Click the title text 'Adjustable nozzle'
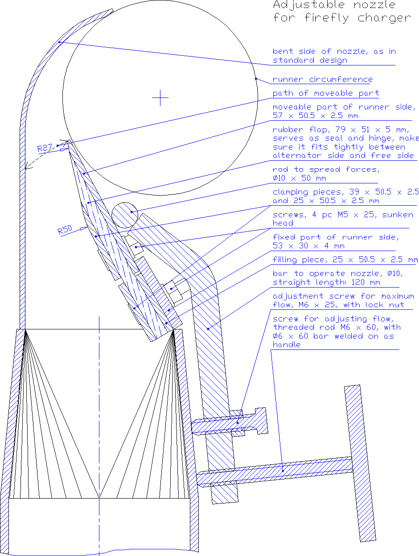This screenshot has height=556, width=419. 334,5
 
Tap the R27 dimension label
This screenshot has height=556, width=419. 45,148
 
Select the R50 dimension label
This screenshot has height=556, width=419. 65,230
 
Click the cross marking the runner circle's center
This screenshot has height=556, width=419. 160,97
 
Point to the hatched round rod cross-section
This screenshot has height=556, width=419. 125,215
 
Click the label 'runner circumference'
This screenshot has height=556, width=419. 323,80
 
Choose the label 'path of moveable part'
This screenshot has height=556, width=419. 326,93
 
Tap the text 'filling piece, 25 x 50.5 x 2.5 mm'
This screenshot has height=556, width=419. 345,260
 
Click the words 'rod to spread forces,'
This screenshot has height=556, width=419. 326,170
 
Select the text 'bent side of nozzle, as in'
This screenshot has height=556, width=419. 334,52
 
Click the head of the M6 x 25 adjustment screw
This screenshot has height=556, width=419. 261,421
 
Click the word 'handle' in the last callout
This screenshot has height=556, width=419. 287,345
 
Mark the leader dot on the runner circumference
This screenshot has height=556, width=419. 256,79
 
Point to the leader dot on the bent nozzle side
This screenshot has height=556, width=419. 59,42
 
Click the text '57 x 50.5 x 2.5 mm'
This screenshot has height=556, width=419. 315,116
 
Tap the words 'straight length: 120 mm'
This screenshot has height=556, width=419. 326,282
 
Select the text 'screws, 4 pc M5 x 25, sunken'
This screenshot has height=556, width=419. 343,215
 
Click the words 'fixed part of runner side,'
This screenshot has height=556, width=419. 336,237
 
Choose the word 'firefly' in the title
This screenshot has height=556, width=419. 327,18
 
